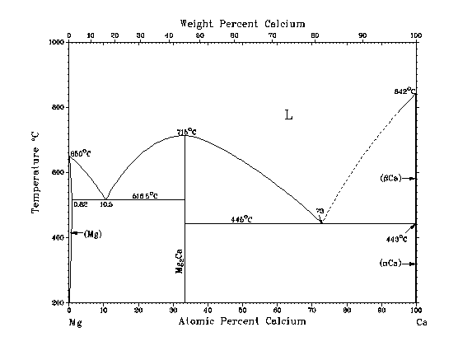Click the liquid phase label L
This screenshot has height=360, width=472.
pos(288,115)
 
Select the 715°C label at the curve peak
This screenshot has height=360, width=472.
pos(186,131)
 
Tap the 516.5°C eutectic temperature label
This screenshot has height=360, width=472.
pos(145,195)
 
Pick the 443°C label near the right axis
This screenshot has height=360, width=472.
pos(397,239)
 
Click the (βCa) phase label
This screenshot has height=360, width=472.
pos(390,178)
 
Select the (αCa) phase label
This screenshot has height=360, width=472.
pos(390,264)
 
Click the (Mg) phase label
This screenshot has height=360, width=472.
pos(92,233)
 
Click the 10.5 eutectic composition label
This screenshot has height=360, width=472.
pos(105,203)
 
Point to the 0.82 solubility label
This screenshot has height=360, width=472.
pos(81,203)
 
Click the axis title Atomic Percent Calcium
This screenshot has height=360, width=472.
pos(242,320)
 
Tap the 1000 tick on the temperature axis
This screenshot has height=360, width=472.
pos(57,42)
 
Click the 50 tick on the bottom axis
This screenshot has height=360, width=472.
pos(242,310)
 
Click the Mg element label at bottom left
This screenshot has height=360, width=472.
pos(75,321)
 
